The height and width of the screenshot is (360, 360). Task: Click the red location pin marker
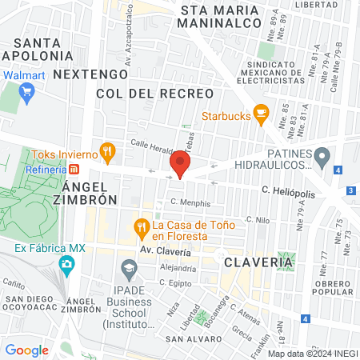click(179, 166)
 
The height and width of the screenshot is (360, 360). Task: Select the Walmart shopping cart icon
click(26, 91)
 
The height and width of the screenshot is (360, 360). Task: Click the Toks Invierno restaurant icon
click(107, 153)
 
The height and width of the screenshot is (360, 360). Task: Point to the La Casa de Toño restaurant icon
click(142, 227)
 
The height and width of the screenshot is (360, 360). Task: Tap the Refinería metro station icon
click(74, 170)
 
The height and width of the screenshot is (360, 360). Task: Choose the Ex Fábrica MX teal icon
click(67, 264)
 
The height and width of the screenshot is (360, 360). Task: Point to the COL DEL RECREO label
click(154, 94)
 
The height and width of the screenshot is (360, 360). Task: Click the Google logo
click(26, 350)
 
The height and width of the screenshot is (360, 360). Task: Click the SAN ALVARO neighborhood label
click(187, 338)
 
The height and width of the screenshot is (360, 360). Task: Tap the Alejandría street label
click(178, 268)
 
